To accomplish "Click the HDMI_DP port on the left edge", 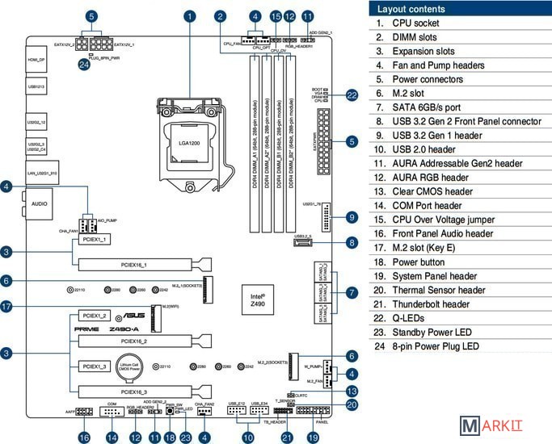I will point(37,61).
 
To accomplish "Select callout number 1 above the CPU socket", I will point(190,16).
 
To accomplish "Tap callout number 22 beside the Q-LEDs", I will point(352,95).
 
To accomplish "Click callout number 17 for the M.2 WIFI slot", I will point(6,307).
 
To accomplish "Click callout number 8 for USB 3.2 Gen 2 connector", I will point(352,242).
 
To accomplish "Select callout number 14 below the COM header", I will point(112,437).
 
